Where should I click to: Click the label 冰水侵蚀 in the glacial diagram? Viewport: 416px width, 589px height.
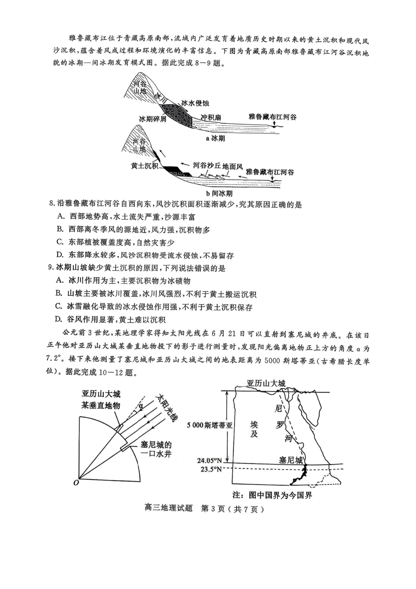tap(195, 103)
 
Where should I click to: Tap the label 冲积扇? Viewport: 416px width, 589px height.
tap(211, 117)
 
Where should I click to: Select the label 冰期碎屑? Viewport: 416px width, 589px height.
tap(152, 119)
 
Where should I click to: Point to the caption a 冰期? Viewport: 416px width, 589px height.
tap(215, 138)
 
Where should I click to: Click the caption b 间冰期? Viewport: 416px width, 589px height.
tap(219, 193)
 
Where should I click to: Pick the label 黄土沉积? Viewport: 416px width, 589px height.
tap(145, 166)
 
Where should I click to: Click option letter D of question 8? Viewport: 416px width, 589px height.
tap(60, 255)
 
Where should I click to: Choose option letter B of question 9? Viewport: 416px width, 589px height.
tap(60, 294)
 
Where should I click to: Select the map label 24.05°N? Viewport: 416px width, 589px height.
tap(209, 461)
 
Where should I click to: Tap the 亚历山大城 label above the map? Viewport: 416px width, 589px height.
tap(266, 383)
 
